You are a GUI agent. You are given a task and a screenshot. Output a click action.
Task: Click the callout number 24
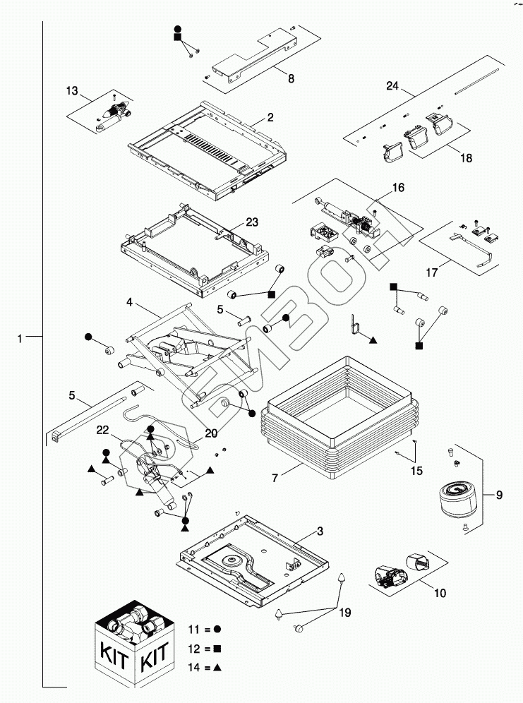392,87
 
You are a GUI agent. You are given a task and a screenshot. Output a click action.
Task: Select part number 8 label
291,79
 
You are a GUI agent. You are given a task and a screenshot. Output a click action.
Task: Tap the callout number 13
72,91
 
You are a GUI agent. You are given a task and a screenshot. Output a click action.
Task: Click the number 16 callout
399,188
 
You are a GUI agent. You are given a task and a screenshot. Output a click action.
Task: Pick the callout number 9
500,495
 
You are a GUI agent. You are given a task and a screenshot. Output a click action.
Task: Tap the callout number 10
440,594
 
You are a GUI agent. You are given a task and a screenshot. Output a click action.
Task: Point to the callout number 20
210,433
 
